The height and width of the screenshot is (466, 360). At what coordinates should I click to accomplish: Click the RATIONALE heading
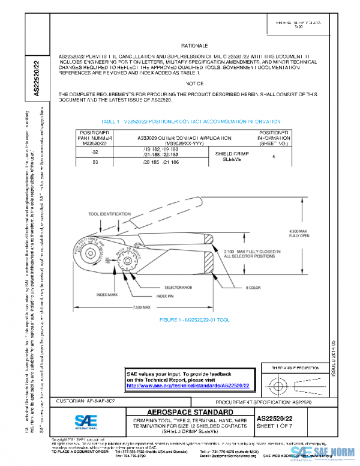tap(194, 46)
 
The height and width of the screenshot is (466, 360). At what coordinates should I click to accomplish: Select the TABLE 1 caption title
tap(190, 121)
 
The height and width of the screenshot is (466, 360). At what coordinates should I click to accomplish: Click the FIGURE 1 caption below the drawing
tap(194, 320)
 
